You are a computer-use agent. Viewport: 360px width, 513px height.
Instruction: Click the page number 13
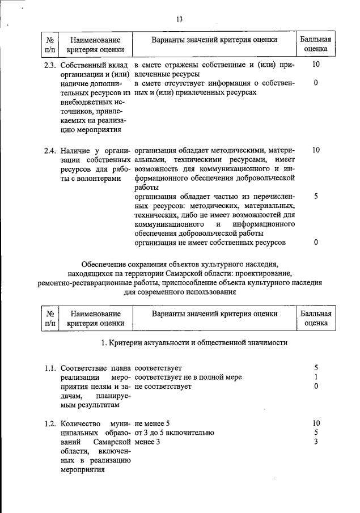point(180,19)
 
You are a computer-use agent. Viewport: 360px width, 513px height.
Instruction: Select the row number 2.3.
point(50,65)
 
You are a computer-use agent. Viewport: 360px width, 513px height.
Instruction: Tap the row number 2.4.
point(50,150)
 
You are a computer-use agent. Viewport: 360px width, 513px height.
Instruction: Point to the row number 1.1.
point(50,368)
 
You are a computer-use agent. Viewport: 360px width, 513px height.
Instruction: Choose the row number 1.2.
point(50,423)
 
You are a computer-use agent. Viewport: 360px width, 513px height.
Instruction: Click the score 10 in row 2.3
point(316,65)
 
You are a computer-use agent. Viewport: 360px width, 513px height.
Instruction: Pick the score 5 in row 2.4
point(316,196)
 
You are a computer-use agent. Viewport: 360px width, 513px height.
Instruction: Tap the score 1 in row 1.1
point(316,377)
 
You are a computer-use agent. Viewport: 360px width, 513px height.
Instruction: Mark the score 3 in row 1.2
point(316,442)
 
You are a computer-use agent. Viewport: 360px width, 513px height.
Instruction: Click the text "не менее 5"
point(153,423)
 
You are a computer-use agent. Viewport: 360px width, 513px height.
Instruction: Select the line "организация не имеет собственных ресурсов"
point(210,243)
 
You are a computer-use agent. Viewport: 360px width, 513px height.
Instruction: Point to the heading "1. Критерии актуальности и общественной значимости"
point(194,342)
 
